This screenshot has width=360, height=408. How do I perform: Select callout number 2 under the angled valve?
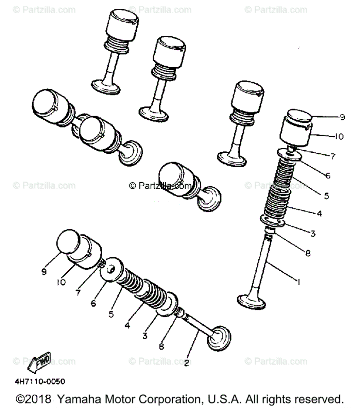(186, 363)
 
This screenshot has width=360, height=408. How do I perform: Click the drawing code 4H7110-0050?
(40, 381)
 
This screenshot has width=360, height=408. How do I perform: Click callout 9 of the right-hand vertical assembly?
(342, 117)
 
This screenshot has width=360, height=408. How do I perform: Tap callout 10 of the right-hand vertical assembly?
(339, 137)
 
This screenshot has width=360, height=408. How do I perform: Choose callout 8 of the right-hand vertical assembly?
(308, 253)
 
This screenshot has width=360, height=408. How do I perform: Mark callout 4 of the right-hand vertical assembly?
(319, 214)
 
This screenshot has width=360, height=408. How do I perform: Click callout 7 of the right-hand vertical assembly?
(333, 156)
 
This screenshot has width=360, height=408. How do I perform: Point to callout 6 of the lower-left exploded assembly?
(93, 303)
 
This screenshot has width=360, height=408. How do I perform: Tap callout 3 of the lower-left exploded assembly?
(145, 336)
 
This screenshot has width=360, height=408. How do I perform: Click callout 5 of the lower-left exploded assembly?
(111, 314)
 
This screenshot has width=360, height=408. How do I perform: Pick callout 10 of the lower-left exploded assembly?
(61, 282)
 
